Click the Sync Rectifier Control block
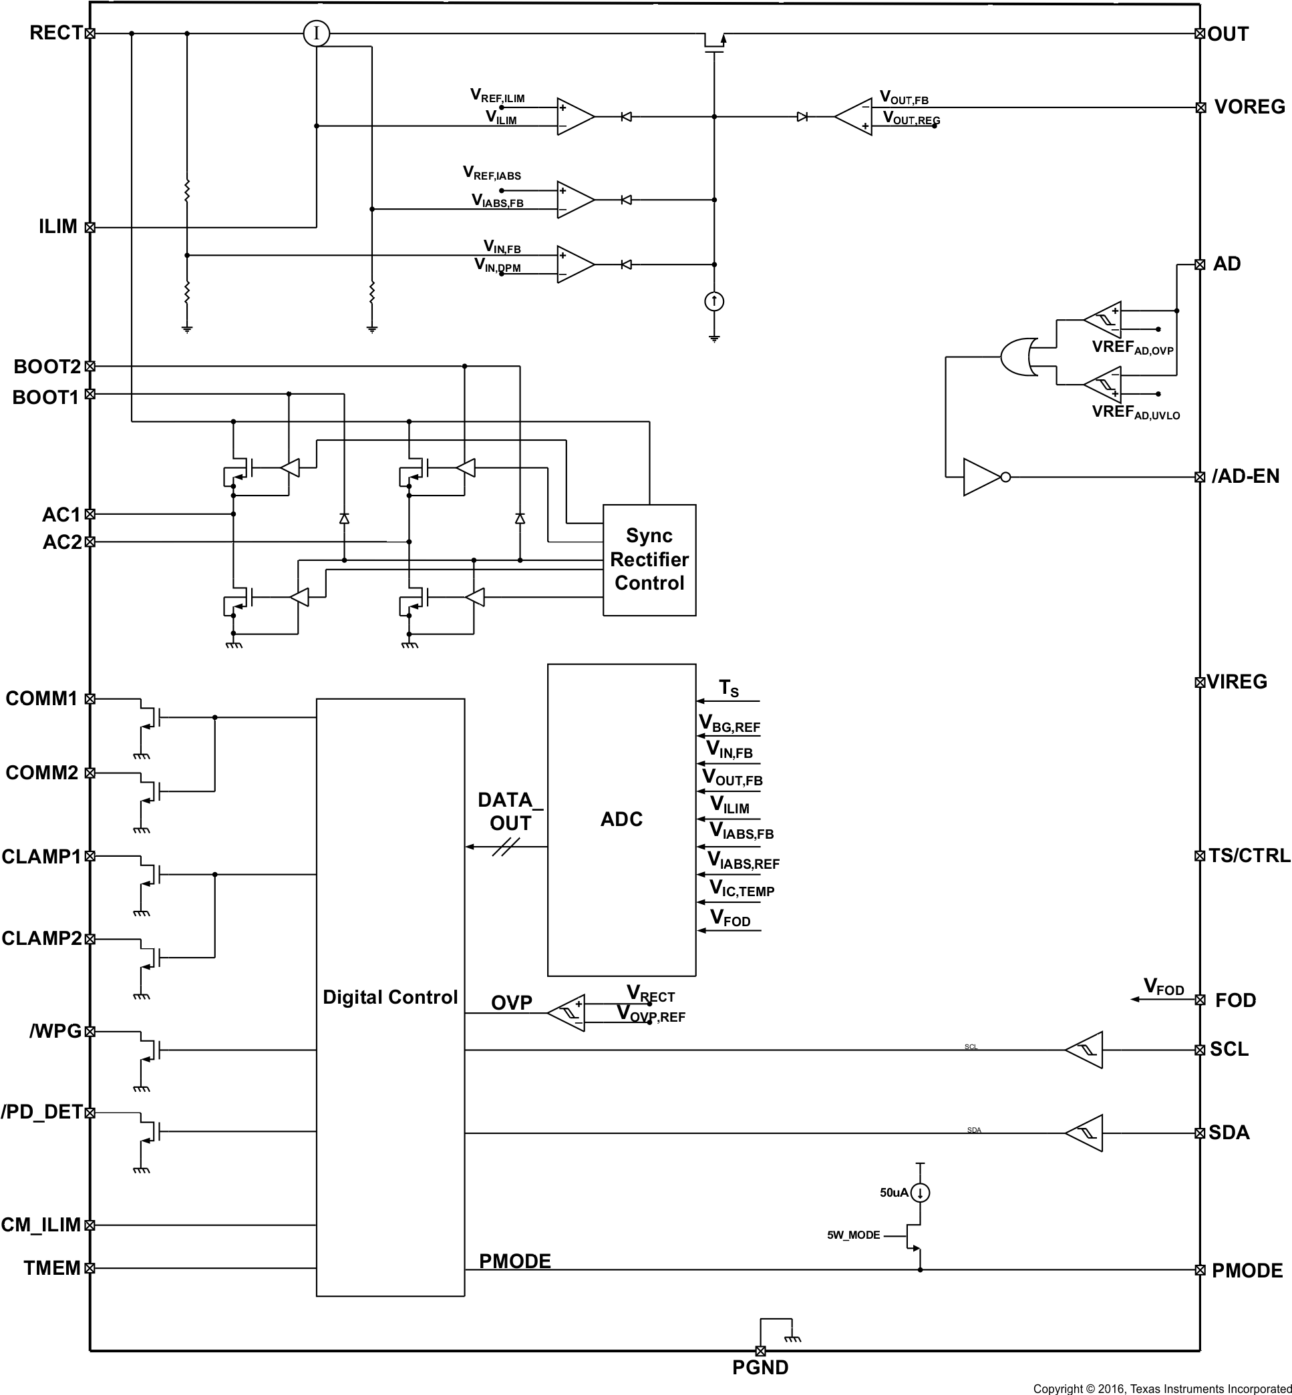(x=649, y=559)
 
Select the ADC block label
(x=621, y=819)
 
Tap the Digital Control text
(x=390, y=996)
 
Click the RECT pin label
(x=55, y=33)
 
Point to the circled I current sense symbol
(x=316, y=33)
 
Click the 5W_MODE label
(x=853, y=1235)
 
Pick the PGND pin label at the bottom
(x=760, y=1367)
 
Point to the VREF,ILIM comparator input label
(x=497, y=95)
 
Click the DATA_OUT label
(x=510, y=811)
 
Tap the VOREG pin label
(x=1249, y=107)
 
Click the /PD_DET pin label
(x=42, y=1112)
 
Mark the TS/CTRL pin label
(x=1249, y=855)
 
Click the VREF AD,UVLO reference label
(x=1136, y=411)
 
